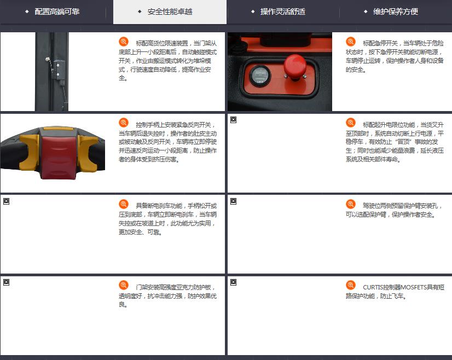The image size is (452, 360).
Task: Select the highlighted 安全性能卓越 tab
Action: pyautogui.click(x=170, y=12)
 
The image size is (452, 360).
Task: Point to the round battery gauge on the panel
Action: pyautogui.click(x=260, y=76)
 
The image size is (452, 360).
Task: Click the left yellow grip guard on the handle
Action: pyautogui.click(x=30, y=153)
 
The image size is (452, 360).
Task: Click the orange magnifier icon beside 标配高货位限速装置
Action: pyautogui.click(x=123, y=42)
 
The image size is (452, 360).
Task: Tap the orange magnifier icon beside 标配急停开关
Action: pyautogui.click(x=351, y=42)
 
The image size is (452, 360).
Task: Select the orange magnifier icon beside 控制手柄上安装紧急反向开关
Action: pyautogui.click(x=123, y=123)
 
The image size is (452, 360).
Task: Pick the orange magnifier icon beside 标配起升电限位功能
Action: pyautogui.click(x=351, y=123)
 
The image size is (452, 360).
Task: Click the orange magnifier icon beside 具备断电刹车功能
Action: pyautogui.click(x=123, y=204)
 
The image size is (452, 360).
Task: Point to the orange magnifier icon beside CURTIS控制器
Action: pyautogui.click(x=351, y=286)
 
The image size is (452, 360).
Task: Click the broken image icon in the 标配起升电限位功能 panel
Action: pyautogui.click(x=234, y=120)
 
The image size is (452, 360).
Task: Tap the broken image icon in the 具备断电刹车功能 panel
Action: pyautogui.click(x=7, y=201)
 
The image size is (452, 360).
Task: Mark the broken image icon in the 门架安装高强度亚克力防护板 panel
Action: pyautogui.click(x=7, y=282)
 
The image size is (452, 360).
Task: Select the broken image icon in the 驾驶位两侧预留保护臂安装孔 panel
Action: pyautogui.click(x=234, y=201)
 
